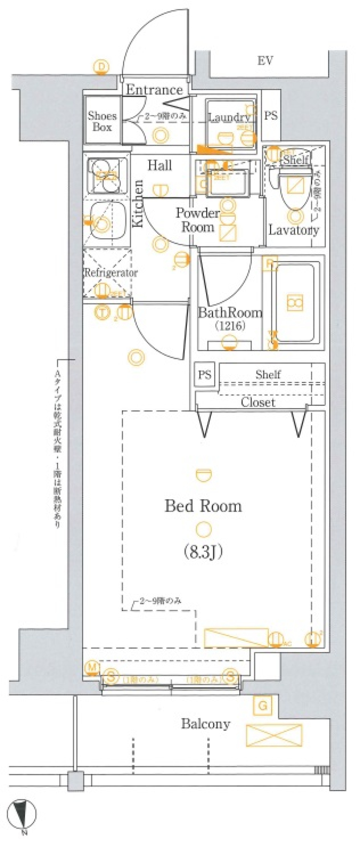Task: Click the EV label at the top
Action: tap(265, 60)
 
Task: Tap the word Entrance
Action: tap(154, 90)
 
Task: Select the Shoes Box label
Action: tap(102, 121)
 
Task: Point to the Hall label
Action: tap(159, 165)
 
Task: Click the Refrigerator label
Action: tap(111, 272)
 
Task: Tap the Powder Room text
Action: tap(197, 220)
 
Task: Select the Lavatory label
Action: tap(294, 230)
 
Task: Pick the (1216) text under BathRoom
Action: tap(230, 326)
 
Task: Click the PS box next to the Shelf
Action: tap(205, 374)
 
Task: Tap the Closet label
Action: tap(258, 402)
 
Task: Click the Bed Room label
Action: tap(203, 506)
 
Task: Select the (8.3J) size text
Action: tap(204, 551)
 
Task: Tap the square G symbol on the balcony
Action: tap(262, 706)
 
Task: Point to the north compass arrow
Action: tap(23, 811)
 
